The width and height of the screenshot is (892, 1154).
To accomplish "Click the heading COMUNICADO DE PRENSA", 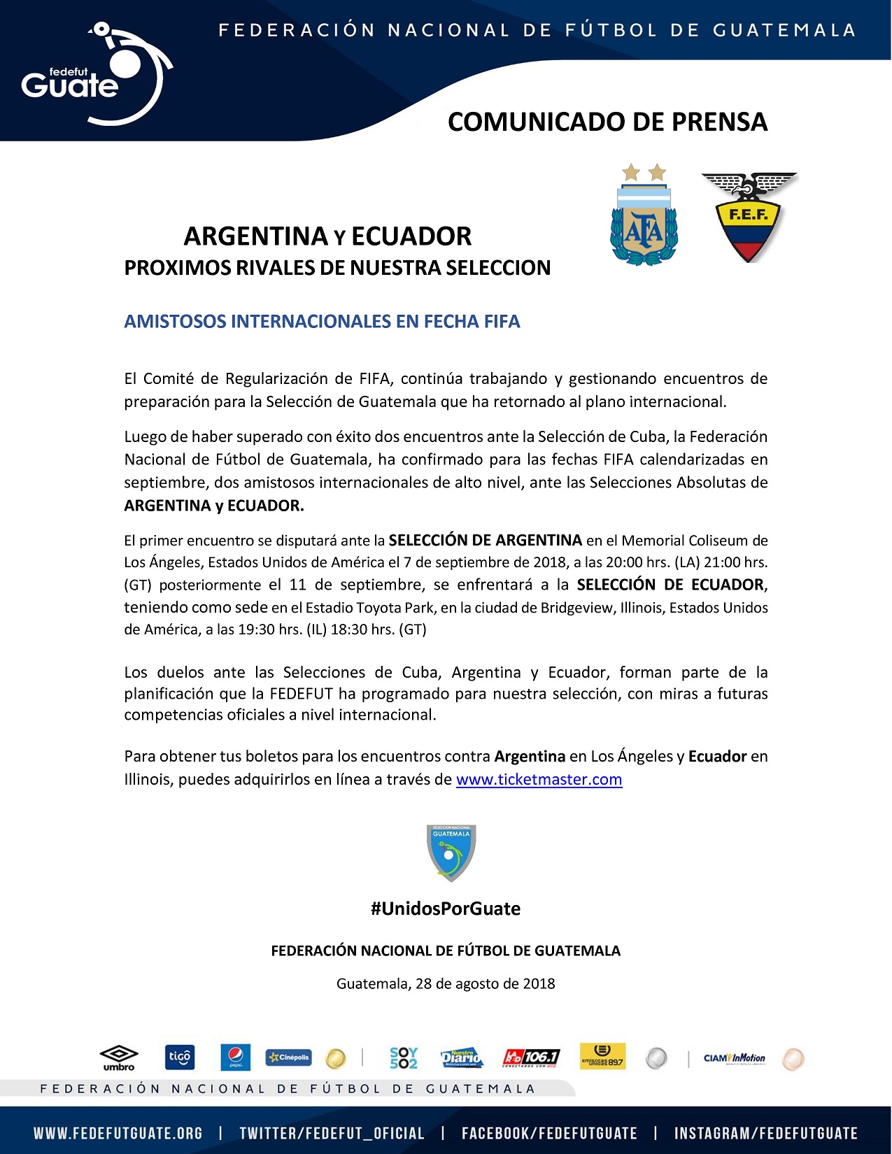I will coord(607,122).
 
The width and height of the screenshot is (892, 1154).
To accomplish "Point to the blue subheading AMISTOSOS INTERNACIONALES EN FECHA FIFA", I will coord(322,322).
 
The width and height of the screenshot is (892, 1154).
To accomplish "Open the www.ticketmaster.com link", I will coord(539,779).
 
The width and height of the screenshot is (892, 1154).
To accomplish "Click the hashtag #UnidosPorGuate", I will coord(446,909).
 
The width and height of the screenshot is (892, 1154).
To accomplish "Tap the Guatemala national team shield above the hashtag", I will coord(451,853).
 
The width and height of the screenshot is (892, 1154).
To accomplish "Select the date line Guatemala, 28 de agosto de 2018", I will coord(446,983).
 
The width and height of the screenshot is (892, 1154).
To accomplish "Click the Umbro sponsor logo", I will coord(119,1057).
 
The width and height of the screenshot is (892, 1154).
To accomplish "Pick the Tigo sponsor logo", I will coord(179,1057).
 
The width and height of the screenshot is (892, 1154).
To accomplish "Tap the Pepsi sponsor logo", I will coord(235,1057).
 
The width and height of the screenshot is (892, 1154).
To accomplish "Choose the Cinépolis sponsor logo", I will coord(288,1057).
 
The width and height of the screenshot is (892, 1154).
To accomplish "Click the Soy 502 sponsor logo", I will coord(404,1057).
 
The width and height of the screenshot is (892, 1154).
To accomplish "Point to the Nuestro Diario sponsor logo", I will coord(462,1057).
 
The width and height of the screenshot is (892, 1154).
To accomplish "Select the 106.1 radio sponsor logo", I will coord(532,1057).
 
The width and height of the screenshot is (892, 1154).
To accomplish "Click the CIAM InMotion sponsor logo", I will coord(735,1058).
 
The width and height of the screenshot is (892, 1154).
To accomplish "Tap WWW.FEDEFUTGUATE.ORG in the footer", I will coord(118,1133).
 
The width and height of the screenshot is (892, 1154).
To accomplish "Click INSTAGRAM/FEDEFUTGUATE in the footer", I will coord(765,1133).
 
